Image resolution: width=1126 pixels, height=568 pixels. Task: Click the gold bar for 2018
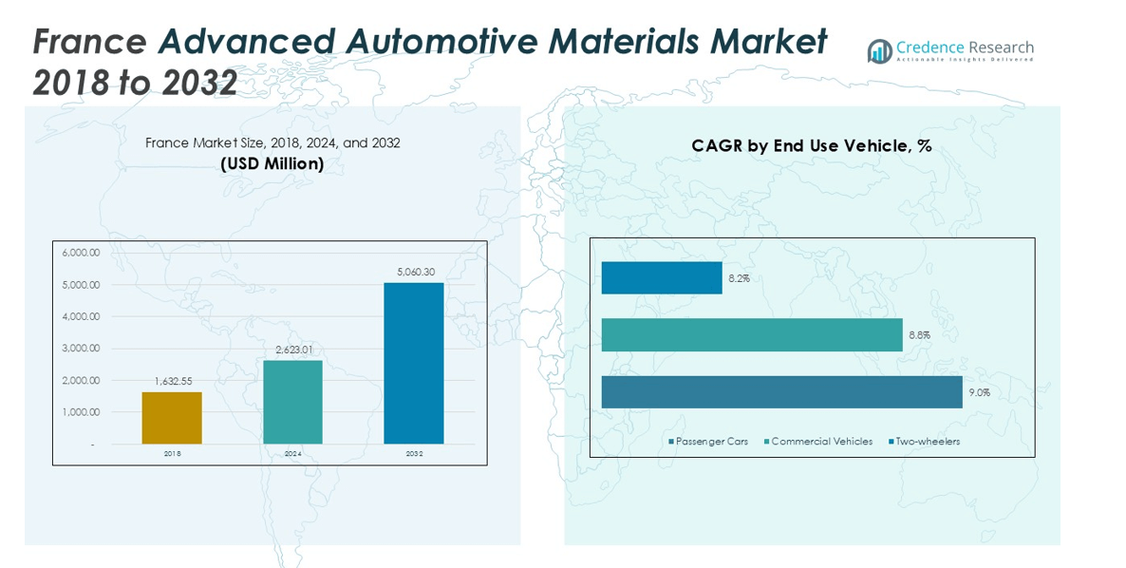pos(172,418)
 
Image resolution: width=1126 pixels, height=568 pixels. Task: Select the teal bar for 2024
pos(292,402)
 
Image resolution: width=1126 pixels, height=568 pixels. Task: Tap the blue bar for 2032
pos(414,363)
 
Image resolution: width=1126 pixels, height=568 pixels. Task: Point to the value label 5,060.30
pos(414,273)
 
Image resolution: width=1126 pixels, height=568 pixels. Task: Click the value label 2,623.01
pos(292,350)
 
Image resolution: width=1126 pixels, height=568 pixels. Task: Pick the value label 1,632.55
pos(172,382)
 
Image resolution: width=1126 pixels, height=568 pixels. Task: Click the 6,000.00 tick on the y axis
pos(81,253)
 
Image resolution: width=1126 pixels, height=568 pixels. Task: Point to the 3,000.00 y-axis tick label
pos(81,349)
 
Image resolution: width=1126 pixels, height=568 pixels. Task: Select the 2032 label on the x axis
pos(414,454)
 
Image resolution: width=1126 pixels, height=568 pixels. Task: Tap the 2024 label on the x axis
pos(292,454)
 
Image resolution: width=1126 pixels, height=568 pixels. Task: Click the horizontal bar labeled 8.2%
pos(662,278)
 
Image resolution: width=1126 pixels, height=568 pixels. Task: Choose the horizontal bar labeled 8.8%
pos(752,334)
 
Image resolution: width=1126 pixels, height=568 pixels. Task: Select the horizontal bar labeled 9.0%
pos(781,392)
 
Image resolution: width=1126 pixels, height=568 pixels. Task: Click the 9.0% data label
pos(978,392)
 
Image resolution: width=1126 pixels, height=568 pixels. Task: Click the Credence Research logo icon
pos(879,50)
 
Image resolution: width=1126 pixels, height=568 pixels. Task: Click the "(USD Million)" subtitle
pos(272,163)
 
